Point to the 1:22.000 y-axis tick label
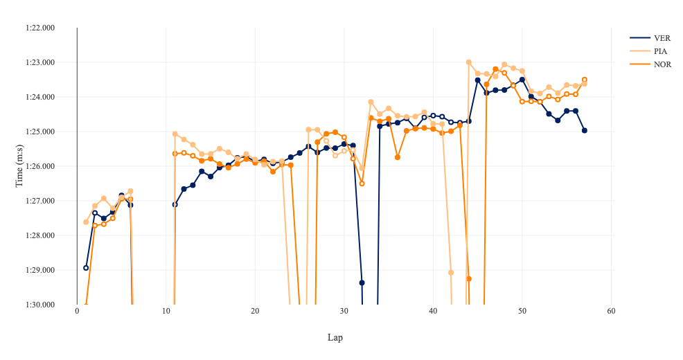click(40, 28)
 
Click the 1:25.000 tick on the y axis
click(40, 132)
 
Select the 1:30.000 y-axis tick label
click(40, 305)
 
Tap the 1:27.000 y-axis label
click(40, 201)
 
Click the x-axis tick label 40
click(433, 311)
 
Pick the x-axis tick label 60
click(611, 311)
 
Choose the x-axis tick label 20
click(255, 311)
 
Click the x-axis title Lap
click(335, 338)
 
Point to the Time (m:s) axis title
click(19, 166)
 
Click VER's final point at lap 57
click(585, 130)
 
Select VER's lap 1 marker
click(86, 268)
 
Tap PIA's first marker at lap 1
click(86, 222)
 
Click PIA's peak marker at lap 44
click(469, 62)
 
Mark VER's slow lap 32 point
click(362, 282)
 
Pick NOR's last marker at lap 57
click(585, 80)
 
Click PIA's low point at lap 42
click(451, 273)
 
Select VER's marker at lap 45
click(478, 80)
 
